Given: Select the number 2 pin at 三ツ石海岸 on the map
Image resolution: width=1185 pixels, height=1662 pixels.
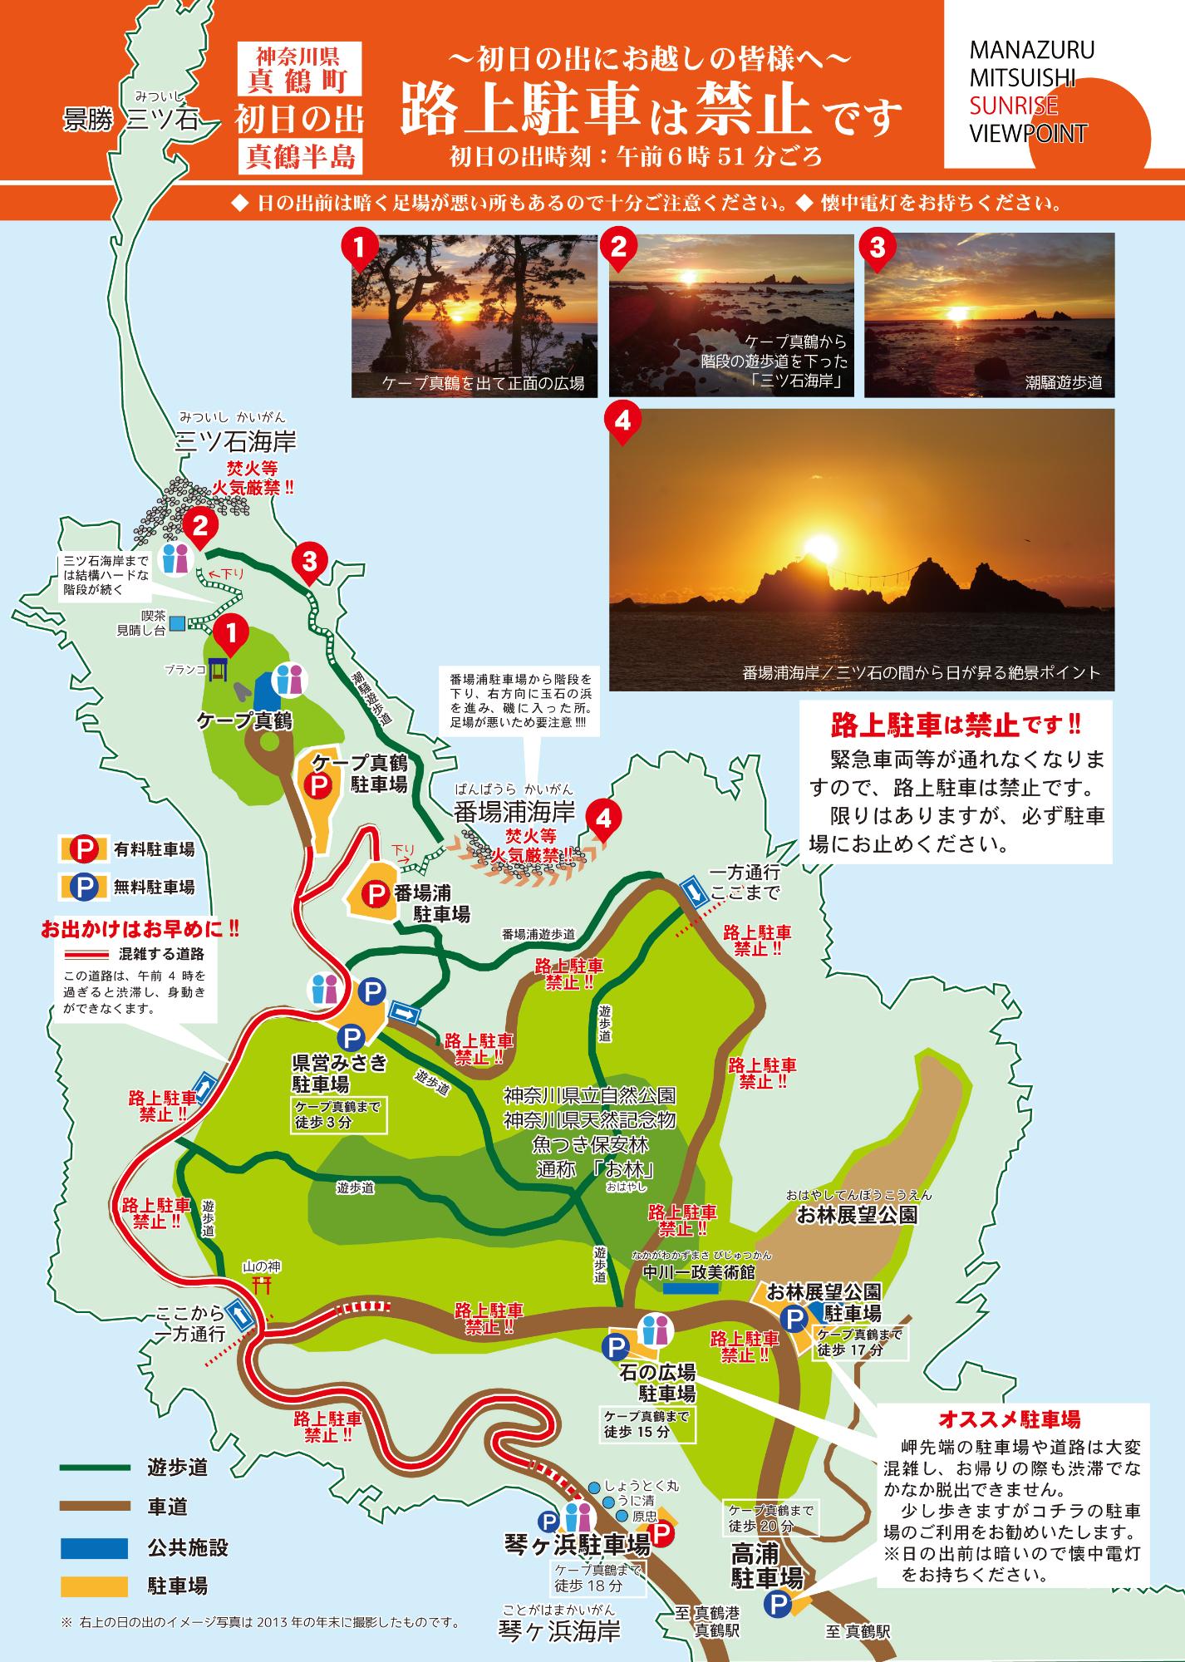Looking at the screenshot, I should click(x=199, y=524).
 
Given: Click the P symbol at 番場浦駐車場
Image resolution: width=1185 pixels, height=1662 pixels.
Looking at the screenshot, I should click(x=376, y=893).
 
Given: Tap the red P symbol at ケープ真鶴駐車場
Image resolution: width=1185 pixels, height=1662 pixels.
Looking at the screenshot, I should click(x=317, y=783).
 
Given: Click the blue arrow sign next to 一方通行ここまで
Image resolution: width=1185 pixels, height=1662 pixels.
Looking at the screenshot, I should click(x=691, y=892).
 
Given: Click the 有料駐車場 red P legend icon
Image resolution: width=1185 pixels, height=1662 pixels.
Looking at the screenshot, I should click(x=84, y=848).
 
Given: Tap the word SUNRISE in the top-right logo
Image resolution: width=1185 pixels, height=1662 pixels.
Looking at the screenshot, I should click(x=1013, y=106).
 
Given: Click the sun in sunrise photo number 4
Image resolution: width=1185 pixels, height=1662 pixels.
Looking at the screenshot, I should click(x=823, y=548).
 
